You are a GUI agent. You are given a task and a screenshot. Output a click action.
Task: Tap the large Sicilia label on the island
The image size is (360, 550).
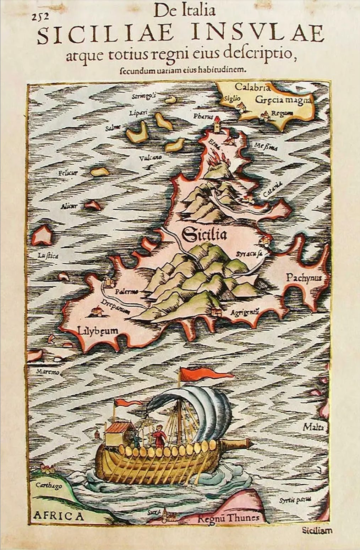(x=204, y=235)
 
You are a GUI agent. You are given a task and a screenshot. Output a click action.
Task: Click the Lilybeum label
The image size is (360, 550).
(x=98, y=331)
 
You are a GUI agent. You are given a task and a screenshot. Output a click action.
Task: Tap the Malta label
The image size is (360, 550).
(x=313, y=427)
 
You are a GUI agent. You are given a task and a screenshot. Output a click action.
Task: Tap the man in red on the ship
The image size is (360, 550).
(x=158, y=436)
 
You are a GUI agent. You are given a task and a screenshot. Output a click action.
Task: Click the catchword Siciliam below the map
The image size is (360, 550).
(x=317, y=531)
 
